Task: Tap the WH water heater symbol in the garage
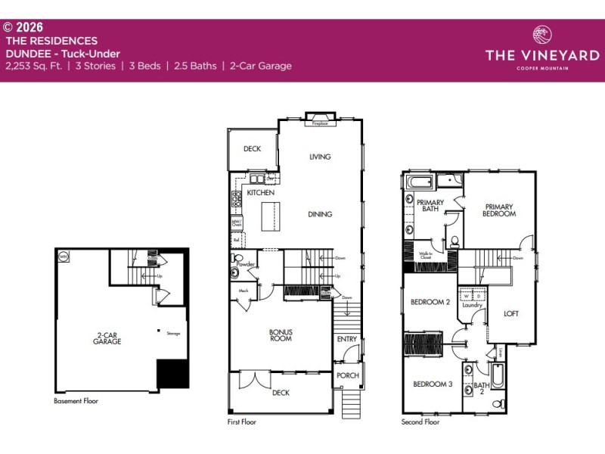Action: (x=63, y=256)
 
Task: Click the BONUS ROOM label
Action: (x=281, y=335)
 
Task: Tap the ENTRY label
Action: (x=347, y=339)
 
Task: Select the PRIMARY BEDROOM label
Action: (x=499, y=210)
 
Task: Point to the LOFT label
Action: (x=511, y=313)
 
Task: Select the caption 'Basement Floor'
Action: (x=76, y=401)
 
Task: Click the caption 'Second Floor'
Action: (x=421, y=422)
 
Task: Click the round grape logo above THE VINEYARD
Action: (x=542, y=36)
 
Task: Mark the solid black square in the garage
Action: (x=172, y=374)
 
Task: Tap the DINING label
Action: (x=320, y=214)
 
